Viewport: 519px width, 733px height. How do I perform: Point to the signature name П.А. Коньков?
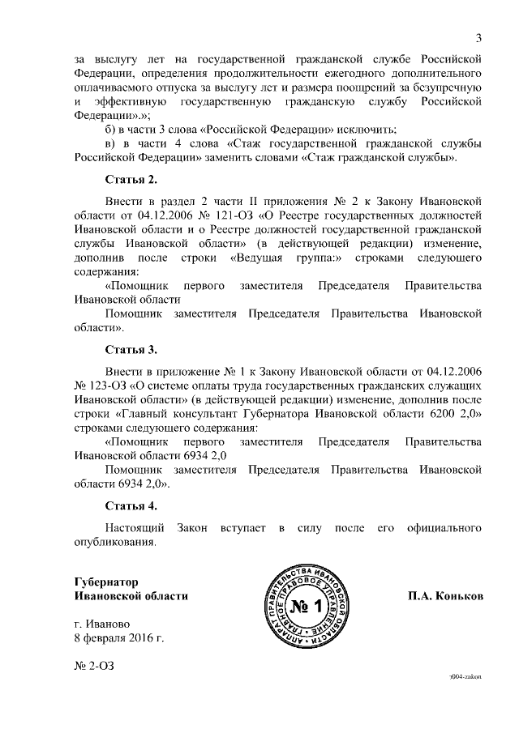click(445, 596)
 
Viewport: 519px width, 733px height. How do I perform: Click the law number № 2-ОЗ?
click(96, 666)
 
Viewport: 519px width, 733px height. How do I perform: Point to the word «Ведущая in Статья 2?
click(256, 258)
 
